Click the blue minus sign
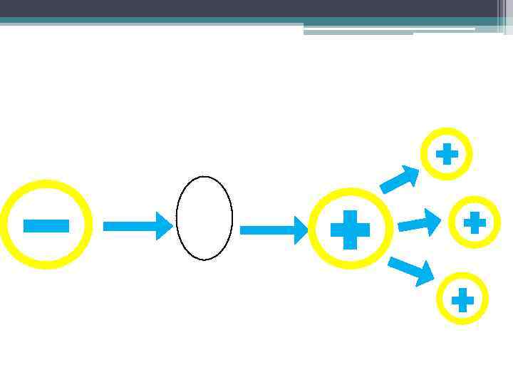tap(46, 226)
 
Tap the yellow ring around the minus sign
tap(46, 184)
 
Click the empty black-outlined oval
tap(204, 217)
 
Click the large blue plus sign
tap(350, 230)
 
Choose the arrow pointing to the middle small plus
tap(419, 224)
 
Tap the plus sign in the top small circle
tap(447, 154)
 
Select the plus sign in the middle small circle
tap(475, 222)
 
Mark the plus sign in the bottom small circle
tap(462, 299)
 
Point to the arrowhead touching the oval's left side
tap(165, 226)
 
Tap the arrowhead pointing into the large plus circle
tap(301, 230)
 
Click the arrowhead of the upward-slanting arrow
tap(410, 174)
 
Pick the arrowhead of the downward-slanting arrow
tap(425, 274)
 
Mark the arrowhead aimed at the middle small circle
tap(433, 221)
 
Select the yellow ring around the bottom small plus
tap(462, 276)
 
